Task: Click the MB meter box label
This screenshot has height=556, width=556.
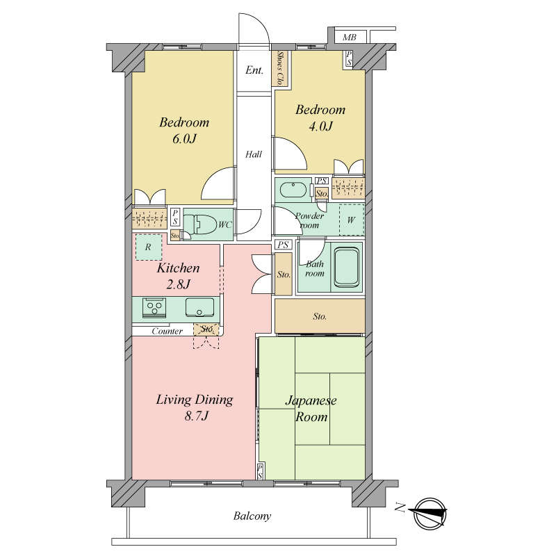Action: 350,38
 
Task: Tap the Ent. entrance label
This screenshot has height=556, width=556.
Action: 254,70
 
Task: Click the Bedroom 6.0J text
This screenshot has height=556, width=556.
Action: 184,130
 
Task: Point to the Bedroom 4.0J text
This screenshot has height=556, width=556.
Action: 320,117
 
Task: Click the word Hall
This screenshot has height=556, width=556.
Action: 254,154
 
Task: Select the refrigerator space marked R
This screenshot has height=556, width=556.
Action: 149,247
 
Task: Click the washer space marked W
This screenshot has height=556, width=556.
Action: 352,220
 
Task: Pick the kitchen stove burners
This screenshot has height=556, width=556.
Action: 154,307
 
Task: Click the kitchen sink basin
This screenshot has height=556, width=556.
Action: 199,307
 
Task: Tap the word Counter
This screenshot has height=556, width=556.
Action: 167,332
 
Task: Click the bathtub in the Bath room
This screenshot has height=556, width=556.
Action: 347,267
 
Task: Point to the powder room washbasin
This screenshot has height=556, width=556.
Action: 293,190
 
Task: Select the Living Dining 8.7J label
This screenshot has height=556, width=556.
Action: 195,407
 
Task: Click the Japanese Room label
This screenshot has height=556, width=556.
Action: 311,409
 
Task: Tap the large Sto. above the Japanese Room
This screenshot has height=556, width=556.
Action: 320,316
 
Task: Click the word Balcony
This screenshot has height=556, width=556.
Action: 252,516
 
